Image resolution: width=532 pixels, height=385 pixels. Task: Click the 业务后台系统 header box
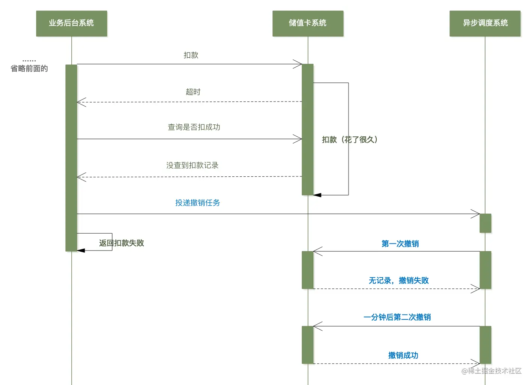point(71,23)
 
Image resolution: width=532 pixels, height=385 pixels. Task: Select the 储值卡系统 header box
point(308,23)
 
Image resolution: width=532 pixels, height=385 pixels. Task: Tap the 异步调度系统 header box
point(485,23)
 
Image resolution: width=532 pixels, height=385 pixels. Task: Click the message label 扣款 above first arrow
point(191,55)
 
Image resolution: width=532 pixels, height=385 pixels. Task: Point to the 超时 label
point(193,92)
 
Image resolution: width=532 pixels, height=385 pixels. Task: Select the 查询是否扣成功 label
point(194,127)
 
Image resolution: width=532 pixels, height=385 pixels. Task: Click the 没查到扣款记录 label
point(192,166)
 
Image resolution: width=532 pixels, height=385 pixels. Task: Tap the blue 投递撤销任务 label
point(197,203)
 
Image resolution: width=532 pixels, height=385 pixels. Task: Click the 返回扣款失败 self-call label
point(121,243)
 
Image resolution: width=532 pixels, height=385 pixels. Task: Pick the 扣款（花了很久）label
point(350,140)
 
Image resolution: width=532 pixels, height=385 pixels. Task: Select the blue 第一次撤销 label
point(400,244)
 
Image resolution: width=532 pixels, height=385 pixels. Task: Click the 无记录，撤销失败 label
point(398,281)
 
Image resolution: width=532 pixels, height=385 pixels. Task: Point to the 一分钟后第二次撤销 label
point(397,317)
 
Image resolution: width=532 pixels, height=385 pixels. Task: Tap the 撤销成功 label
point(403,355)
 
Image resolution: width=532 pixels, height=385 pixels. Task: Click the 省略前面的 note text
point(29,69)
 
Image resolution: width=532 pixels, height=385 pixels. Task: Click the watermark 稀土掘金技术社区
point(491,371)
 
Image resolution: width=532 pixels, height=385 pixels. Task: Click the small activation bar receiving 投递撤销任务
point(485,223)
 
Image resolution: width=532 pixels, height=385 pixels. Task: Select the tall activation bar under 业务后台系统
point(71,157)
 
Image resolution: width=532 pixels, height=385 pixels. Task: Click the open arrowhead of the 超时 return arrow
point(81,102)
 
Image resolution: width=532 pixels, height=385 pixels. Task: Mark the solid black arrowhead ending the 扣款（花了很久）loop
point(317,195)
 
